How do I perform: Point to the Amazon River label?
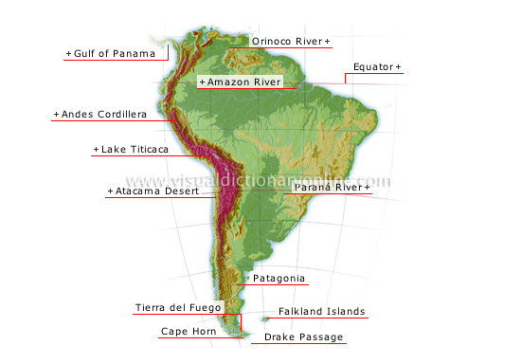pyautogui.click(x=243, y=82)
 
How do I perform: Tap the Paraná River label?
pyautogui.click(x=328, y=188)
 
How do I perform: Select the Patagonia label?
pyautogui.click(x=278, y=278)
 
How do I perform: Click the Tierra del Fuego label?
pyautogui.click(x=178, y=308)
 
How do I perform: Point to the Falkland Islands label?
pyautogui.click(x=321, y=311)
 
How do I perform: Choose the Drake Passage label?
pyautogui.click(x=304, y=337)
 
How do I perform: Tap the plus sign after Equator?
pyautogui.click(x=398, y=67)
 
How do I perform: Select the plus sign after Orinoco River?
pyautogui.click(x=328, y=41)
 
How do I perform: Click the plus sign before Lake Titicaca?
pyautogui.click(x=96, y=150)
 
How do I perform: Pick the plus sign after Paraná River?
pyautogui.click(x=367, y=188)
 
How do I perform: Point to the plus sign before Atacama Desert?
pyautogui.click(x=110, y=191)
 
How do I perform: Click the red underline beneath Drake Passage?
pyautogui.click(x=304, y=343)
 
